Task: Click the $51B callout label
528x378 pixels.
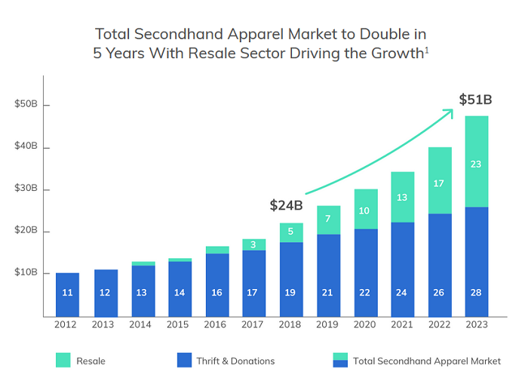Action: tap(475, 100)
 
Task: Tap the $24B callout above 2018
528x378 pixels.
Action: tap(286, 205)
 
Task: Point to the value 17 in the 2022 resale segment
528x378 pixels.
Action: tap(439, 183)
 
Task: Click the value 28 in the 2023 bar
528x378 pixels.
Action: tap(476, 292)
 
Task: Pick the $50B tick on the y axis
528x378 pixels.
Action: tap(26, 104)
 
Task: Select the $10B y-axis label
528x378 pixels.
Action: tap(26, 272)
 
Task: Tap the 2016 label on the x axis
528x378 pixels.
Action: tap(216, 324)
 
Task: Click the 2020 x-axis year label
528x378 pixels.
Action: tap(365, 324)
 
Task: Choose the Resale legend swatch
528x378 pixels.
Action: tap(63, 361)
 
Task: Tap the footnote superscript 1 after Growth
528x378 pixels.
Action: tap(428, 51)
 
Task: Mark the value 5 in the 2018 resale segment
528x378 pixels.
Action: tap(290, 232)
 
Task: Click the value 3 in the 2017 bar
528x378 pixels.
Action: tap(253, 244)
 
